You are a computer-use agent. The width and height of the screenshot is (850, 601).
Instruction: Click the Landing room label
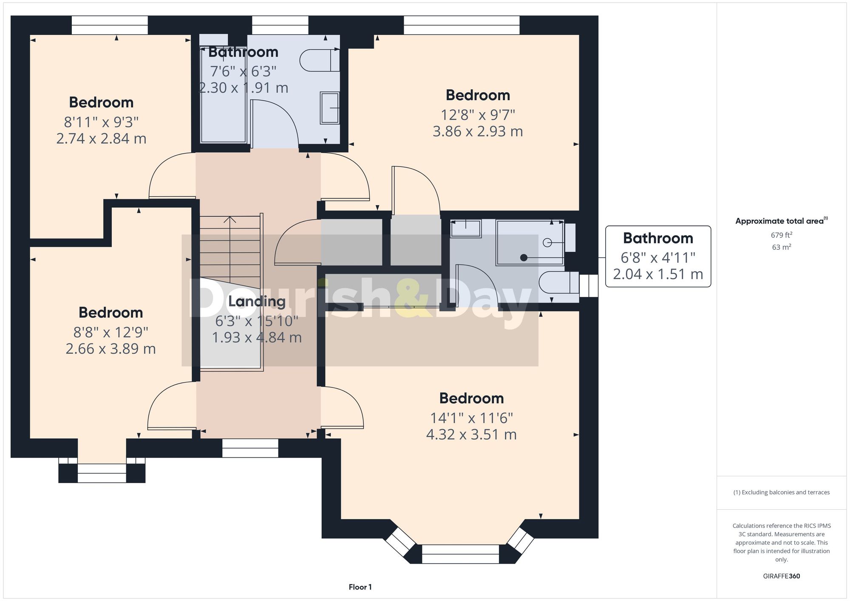pyautogui.click(x=257, y=301)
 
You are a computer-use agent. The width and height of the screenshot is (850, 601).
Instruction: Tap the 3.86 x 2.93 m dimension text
pyautogui.click(x=478, y=131)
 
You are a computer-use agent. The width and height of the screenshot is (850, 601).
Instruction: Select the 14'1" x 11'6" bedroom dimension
pyautogui.click(x=471, y=418)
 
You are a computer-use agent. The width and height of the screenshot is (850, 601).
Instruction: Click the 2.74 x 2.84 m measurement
pyautogui.click(x=101, y=138)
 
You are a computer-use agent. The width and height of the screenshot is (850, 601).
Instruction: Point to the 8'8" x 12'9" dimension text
pyautogui.click(x=110, y=332)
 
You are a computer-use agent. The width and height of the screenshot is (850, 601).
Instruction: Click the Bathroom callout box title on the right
pyautogui.click(x=658, y=238)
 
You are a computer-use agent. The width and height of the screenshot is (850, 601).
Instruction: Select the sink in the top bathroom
pyautogui.click(x=330, y=108)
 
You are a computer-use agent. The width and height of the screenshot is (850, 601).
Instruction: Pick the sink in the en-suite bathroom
pyautogui.click(x=466, y=229)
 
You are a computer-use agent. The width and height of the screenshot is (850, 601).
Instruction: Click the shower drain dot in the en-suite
pyautogui.click(x=524, y=258)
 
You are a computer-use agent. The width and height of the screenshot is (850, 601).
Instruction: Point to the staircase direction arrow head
pyautogui.click(x=230, y=220)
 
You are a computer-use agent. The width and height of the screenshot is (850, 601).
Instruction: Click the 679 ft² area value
pyautogui.click(x=781, y=235)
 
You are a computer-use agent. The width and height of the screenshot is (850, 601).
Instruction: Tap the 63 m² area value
pyautogui.click(x=781, y=247)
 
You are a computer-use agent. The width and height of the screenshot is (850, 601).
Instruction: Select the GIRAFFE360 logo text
pyautogui.click(x=781, y=576)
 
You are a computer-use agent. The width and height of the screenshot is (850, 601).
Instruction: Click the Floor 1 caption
pyautogui.click(x=360, y=587)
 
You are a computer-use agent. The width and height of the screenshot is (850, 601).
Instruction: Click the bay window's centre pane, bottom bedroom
pyautogui.click(x=460, y=554)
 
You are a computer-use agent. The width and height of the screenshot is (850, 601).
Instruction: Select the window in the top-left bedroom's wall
pyautogui.click(x=110, y=25)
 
